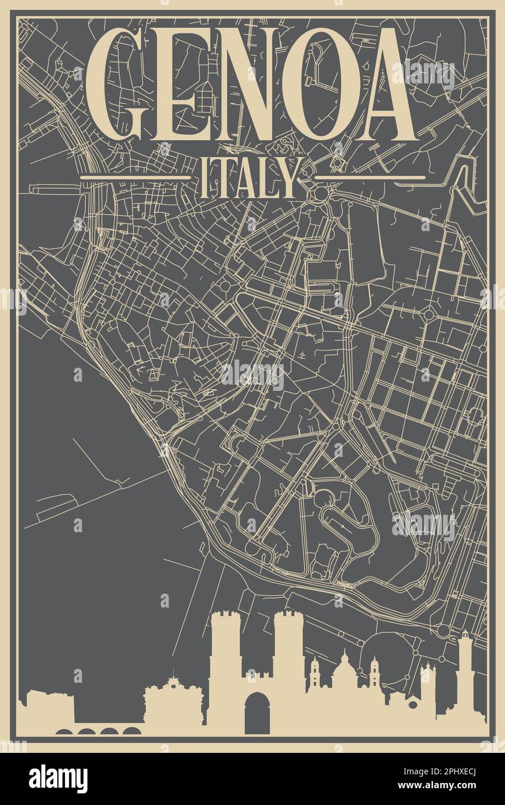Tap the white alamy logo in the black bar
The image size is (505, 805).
point(58,779)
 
